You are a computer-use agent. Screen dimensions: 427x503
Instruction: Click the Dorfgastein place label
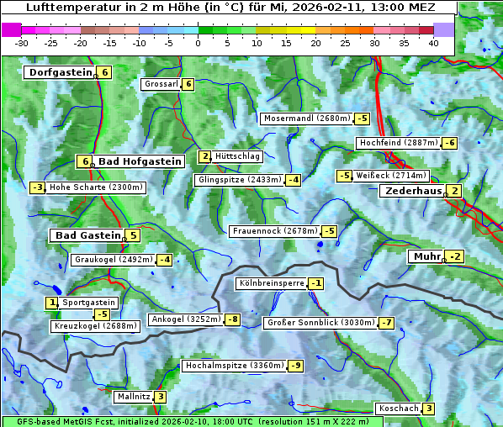pos(60,72)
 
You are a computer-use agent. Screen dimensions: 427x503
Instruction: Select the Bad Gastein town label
pos(88,235)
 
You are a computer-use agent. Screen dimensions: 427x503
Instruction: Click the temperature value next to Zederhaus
pos(455,191)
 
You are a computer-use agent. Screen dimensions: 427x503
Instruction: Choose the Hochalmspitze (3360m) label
pos(235,366)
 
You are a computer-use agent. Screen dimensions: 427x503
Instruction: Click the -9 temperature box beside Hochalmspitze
pos(295,366)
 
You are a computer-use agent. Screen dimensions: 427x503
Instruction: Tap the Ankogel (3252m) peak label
pos(185,319)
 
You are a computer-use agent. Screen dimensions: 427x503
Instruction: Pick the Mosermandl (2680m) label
pos(307,119)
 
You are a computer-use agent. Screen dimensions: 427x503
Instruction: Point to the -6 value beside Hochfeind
pos(450,143)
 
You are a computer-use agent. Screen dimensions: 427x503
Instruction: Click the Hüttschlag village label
pos(238,156)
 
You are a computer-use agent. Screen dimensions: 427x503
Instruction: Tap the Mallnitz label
pos(134,397)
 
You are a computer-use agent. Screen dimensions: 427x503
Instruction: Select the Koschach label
pos(399,409)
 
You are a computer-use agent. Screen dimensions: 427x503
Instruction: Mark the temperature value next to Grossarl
pos(188,84)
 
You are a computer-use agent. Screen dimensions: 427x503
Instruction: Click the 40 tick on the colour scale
pos(433,42)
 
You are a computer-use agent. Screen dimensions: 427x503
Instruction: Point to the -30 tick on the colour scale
pos(22,42)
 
